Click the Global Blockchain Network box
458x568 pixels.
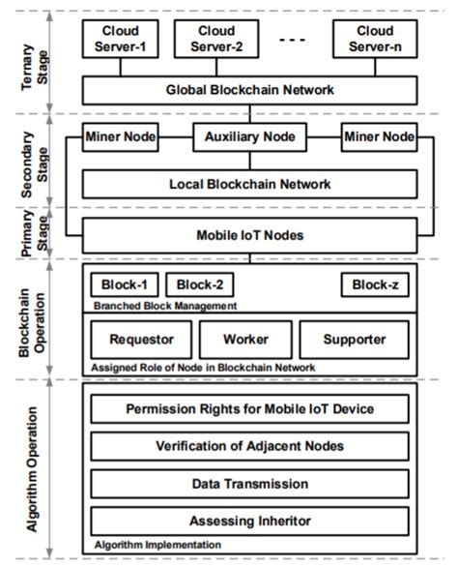click(250, 90)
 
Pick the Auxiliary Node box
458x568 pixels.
click(250, 137)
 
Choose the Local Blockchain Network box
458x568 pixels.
click(250, 183)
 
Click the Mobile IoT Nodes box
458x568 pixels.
click(250, 233)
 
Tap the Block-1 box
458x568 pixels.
click(122, 284)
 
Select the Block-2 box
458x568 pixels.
click(200, 284)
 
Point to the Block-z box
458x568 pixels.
click(374, 284)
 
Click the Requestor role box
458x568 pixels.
click(141, 340)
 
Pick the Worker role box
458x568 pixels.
click(245, 340)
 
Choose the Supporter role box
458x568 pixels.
click(355, 340)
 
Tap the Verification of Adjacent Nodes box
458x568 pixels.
click(250, 446)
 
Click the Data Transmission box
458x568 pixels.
click(250, 483)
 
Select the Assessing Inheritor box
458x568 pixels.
click(250, 520)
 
